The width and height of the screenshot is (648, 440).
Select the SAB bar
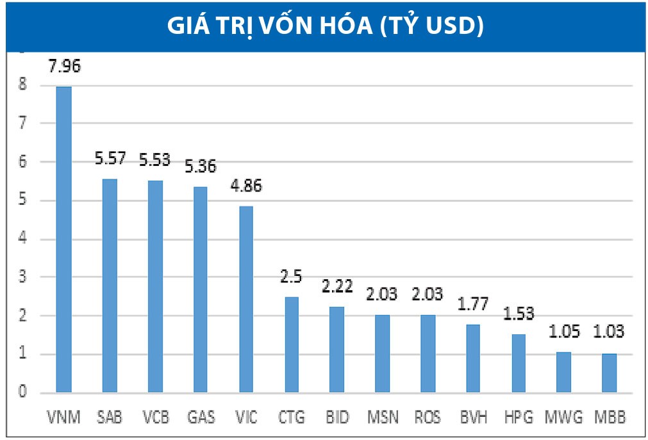[x=109, y=285]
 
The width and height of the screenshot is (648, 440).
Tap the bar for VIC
[x=245, y=298]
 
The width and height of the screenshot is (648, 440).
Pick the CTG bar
[x=291, y=344]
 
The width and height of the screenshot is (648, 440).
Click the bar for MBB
[x=608, y=373]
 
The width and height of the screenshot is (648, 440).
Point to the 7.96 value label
[x=64, y=65]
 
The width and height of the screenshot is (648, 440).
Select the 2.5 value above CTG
[x=291, y=277]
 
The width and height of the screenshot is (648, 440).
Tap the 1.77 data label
[x=472, y=304]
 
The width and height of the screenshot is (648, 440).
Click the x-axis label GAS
[x=200, y=418]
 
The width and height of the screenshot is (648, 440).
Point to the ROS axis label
[x=427, y=418]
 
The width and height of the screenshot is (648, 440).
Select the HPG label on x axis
[x=518, y=418]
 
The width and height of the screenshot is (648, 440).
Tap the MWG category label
[x=563, y=418]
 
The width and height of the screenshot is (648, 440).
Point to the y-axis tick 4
[x=23, y=240]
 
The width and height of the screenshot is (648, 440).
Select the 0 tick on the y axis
[x=23, y=393]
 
